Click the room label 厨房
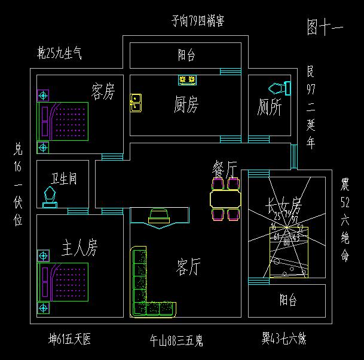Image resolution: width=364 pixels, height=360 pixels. [x=186, y=106]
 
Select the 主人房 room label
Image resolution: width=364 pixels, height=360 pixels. [x=79, y=247]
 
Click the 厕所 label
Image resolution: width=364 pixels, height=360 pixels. [x=270, y=107]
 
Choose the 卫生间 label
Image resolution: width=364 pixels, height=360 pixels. [x=63, y=179]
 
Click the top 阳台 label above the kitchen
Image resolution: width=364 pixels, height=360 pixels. [x=186, y=56]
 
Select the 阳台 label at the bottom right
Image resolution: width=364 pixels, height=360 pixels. [x=288, y=300]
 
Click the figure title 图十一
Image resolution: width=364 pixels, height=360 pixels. [x=325, y=27]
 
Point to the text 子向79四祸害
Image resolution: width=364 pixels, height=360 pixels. [x=197, y=23]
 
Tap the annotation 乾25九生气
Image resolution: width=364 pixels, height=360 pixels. [x=60, y=54]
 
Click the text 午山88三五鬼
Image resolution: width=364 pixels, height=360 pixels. [x=176, y=341]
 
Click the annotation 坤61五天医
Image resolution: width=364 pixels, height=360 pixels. [x=70, y=340]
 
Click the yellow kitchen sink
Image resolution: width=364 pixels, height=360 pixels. [x=136, y=103]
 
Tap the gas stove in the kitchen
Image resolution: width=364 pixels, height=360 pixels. [x=187, y=79]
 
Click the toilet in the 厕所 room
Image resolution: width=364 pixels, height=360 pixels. [x=279, y=88]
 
